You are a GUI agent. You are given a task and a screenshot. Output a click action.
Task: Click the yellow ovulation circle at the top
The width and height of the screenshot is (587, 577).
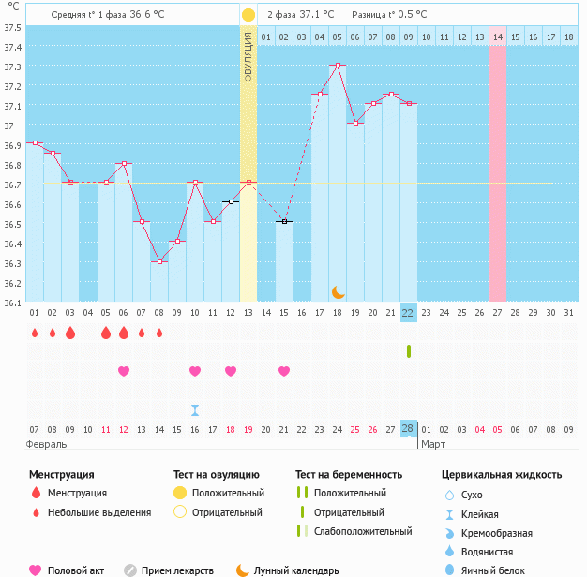[x=248, y=15]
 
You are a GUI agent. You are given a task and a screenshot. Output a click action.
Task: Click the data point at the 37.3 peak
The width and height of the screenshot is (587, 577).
[x=338, y=66]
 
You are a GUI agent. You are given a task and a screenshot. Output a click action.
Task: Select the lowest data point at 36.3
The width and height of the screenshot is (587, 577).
[x=159, y=261]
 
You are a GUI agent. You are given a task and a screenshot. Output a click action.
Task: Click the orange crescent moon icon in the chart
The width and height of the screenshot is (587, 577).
[x=338, y=292]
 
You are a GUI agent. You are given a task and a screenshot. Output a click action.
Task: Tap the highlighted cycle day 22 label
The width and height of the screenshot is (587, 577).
[x=408, y=313]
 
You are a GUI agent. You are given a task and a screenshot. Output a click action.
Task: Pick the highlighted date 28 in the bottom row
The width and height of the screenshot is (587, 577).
[x=408, y=429]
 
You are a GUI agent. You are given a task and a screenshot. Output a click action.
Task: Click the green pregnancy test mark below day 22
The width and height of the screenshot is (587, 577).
[x=409, y=351]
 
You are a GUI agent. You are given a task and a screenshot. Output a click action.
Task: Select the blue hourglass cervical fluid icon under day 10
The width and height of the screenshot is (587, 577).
[x=195, y=409]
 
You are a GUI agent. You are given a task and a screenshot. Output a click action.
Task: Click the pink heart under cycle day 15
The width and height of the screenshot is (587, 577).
[x=284, y=371]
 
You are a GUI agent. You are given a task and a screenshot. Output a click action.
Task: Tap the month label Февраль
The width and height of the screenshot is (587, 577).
[x=46, y=444]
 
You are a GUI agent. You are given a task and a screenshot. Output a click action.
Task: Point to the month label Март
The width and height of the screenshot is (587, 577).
[x=433, y=444]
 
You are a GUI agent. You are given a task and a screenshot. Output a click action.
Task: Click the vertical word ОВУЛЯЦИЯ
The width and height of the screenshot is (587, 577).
[x=248, y=55]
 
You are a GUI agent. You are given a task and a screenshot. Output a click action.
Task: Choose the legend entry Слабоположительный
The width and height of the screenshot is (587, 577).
[x=362, y=531]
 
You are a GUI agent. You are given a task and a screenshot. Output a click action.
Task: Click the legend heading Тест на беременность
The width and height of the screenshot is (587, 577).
[x=349, y=475]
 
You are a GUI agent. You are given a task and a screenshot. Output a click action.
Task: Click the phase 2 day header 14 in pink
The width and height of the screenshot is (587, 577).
[x=497, y=37]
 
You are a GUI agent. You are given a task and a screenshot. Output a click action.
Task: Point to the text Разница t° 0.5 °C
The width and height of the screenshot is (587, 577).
[x=389, y=15]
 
